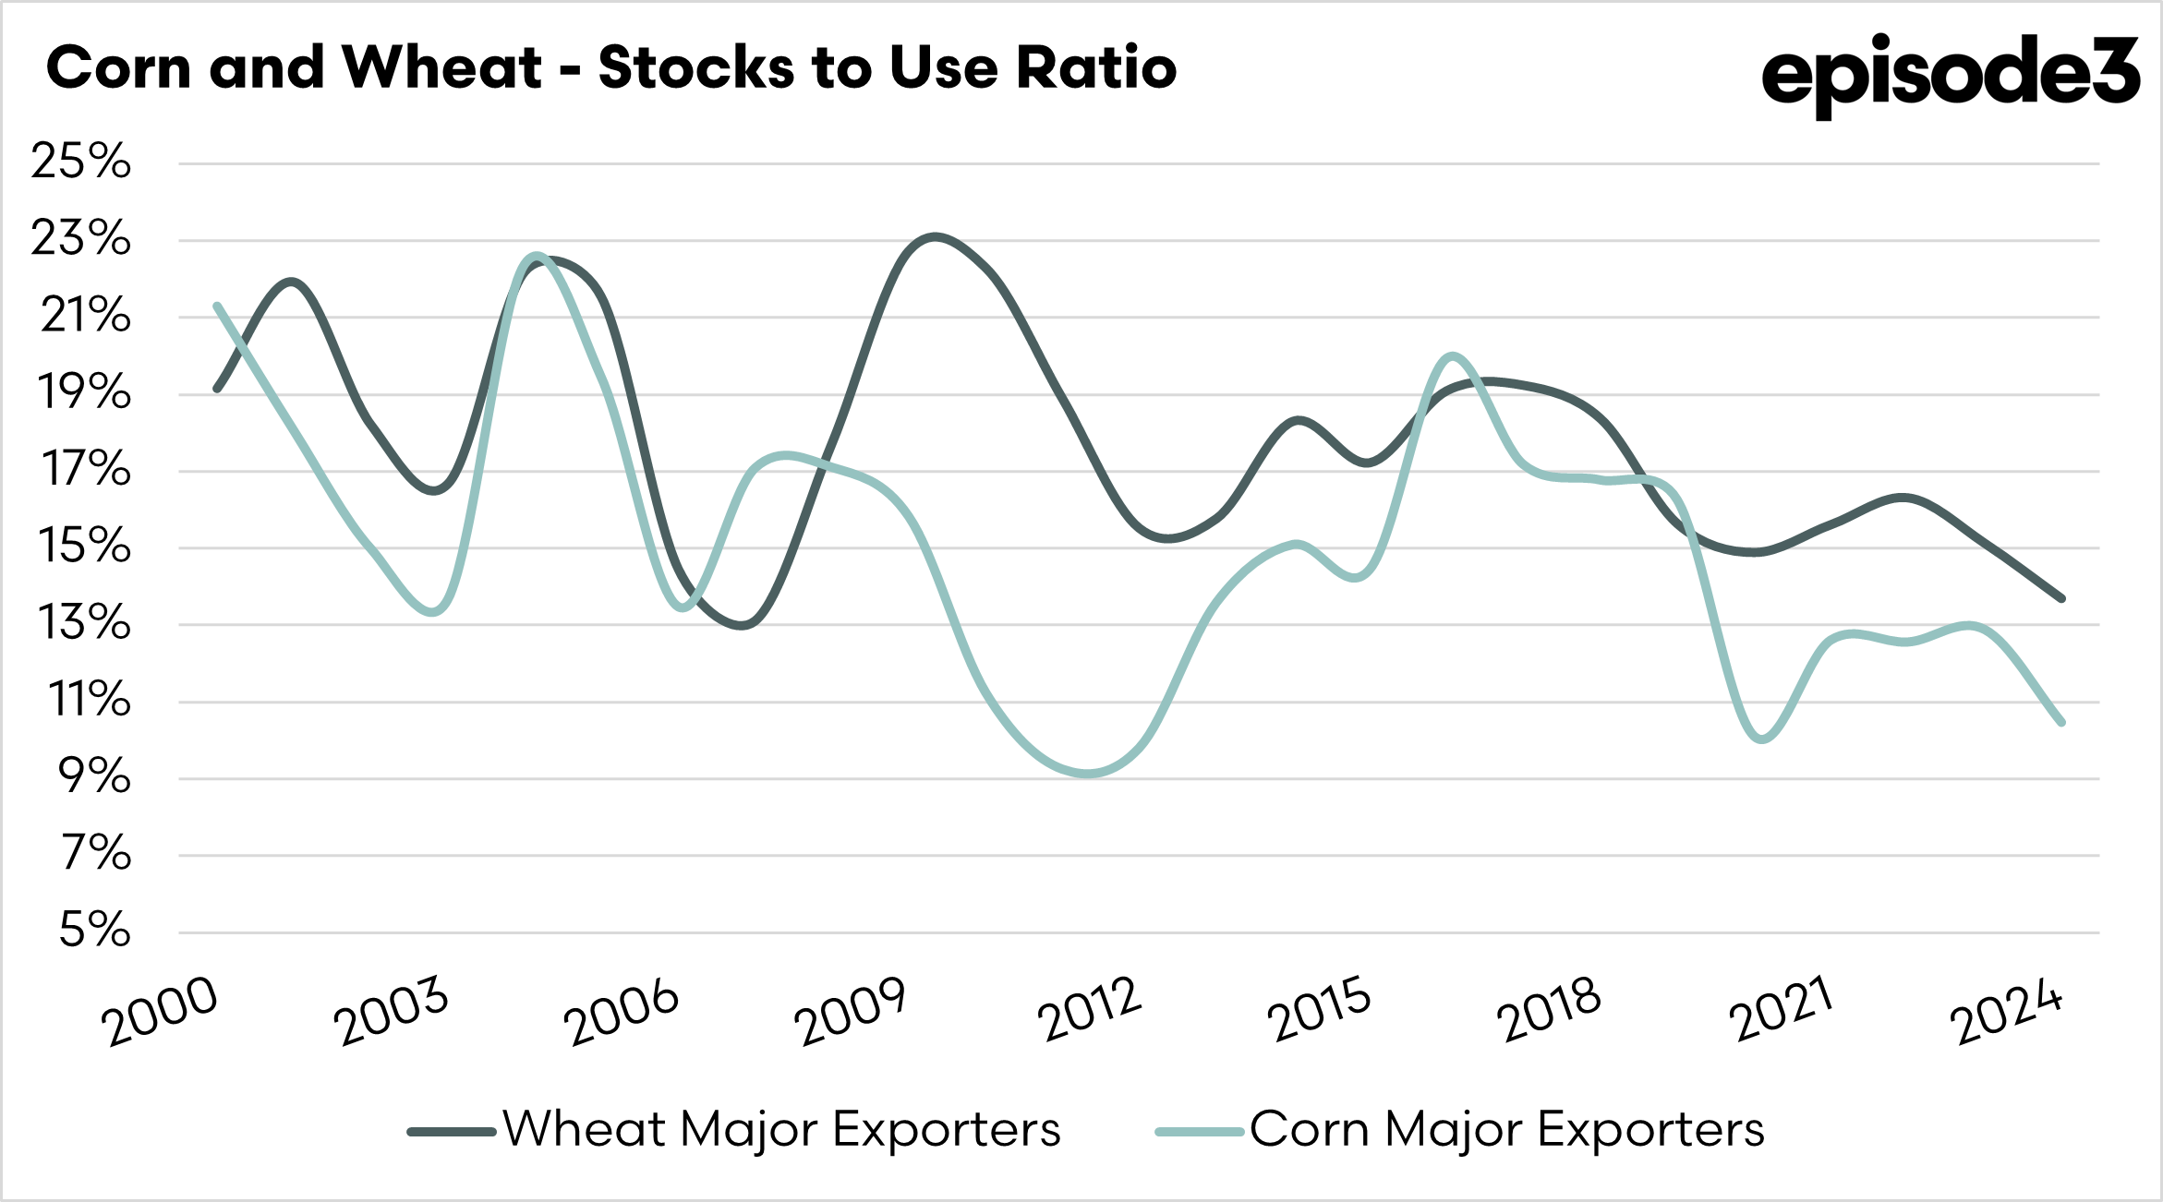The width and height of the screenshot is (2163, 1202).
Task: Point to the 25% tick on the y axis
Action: [x=81, y=162]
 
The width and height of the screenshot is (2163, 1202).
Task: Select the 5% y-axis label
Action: [x=94, y=930]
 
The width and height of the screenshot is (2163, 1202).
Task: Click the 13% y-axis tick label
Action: [x=83, y=623]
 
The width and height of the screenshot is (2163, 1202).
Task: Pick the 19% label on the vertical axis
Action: [x=83, y=393]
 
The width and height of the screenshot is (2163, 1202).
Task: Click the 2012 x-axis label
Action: [x=1090, y=1009]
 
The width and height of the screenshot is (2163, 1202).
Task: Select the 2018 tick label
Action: [x=1548, y=1009]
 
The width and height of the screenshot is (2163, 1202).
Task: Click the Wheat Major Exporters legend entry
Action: [x=781, y=1129]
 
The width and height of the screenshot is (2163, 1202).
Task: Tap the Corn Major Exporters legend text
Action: [x=1506, y=1129]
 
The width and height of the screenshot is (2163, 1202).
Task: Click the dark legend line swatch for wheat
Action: [x=452, y=1131]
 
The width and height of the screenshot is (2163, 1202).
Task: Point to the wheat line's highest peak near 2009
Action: [x=936, y=236]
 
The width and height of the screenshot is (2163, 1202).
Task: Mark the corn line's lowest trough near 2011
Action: [x=1090, y=774]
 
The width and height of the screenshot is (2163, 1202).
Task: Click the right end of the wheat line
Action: [x=2061, y=598]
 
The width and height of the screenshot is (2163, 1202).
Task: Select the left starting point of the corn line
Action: [x=217, y=306]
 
